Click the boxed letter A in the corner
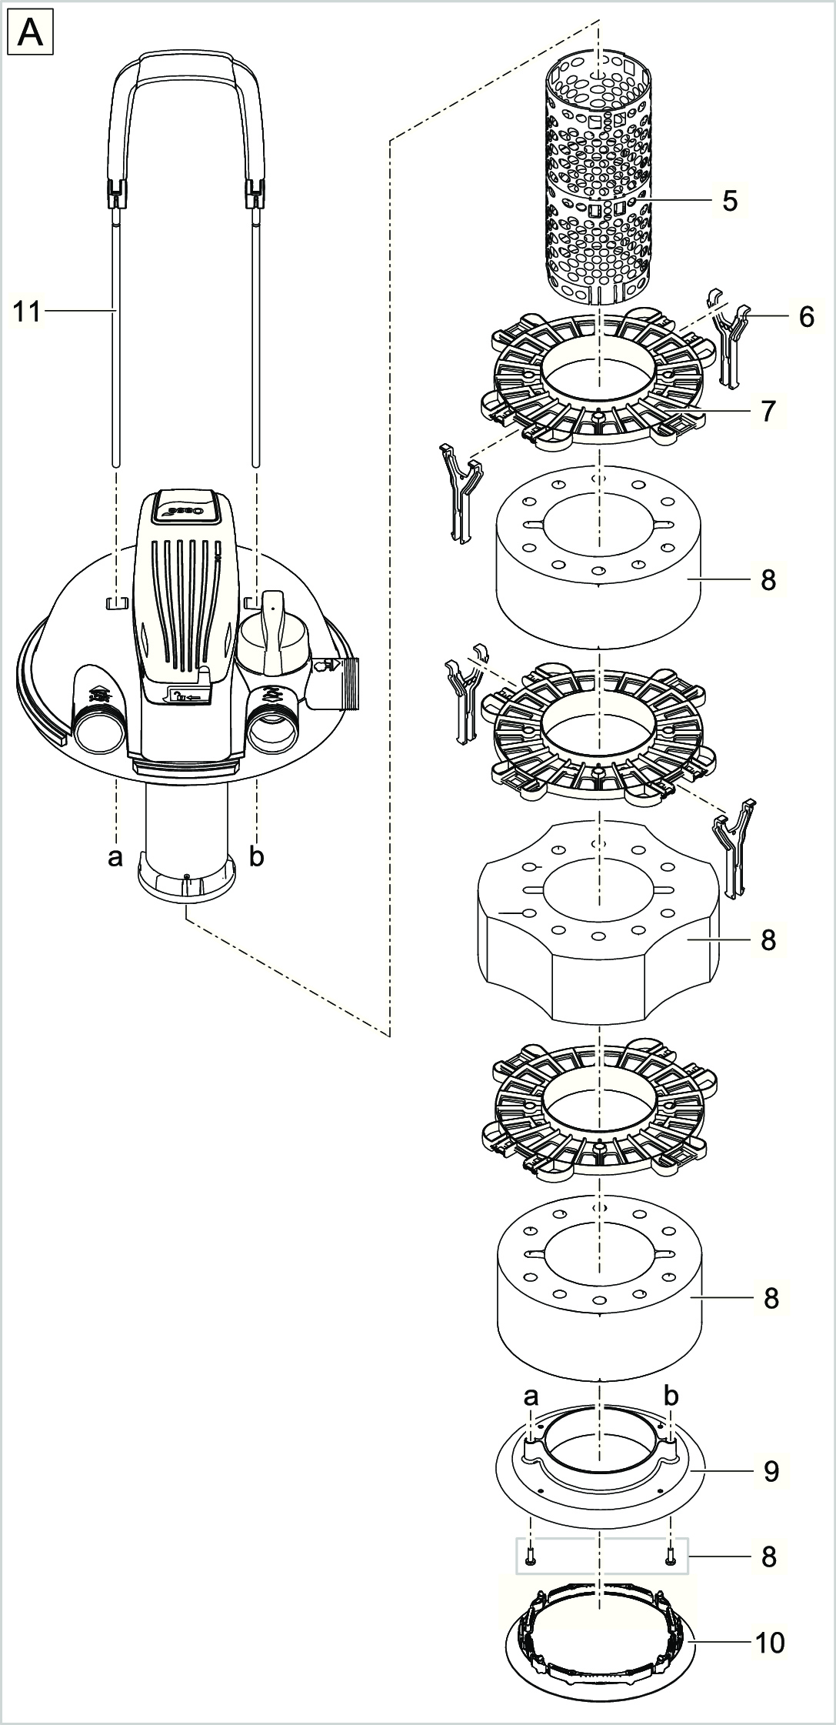pyautogui.click(x=30, y=35)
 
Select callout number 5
pyautogui.click(x=730, y=201)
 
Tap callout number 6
pyautogui.click(x=806, y=316)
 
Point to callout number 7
pyautogui.click(x=768, y=410)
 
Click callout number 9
pyautogui.click(x=771, y=1471)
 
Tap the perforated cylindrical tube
pyautogui.click(x=598, y=177)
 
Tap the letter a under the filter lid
pyautogui.click(x=115, y=856)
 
